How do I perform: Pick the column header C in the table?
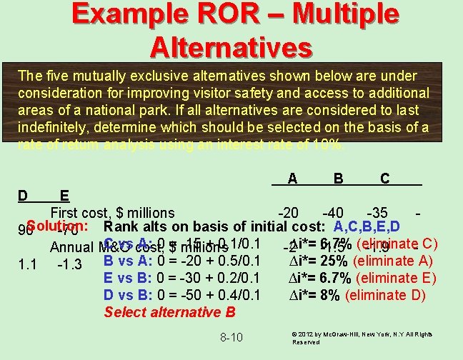[384, 177]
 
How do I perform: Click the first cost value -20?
[289, 213]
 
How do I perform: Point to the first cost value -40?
[334, 213]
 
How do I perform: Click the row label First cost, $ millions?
[112, 213]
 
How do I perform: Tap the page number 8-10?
[231, 337]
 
